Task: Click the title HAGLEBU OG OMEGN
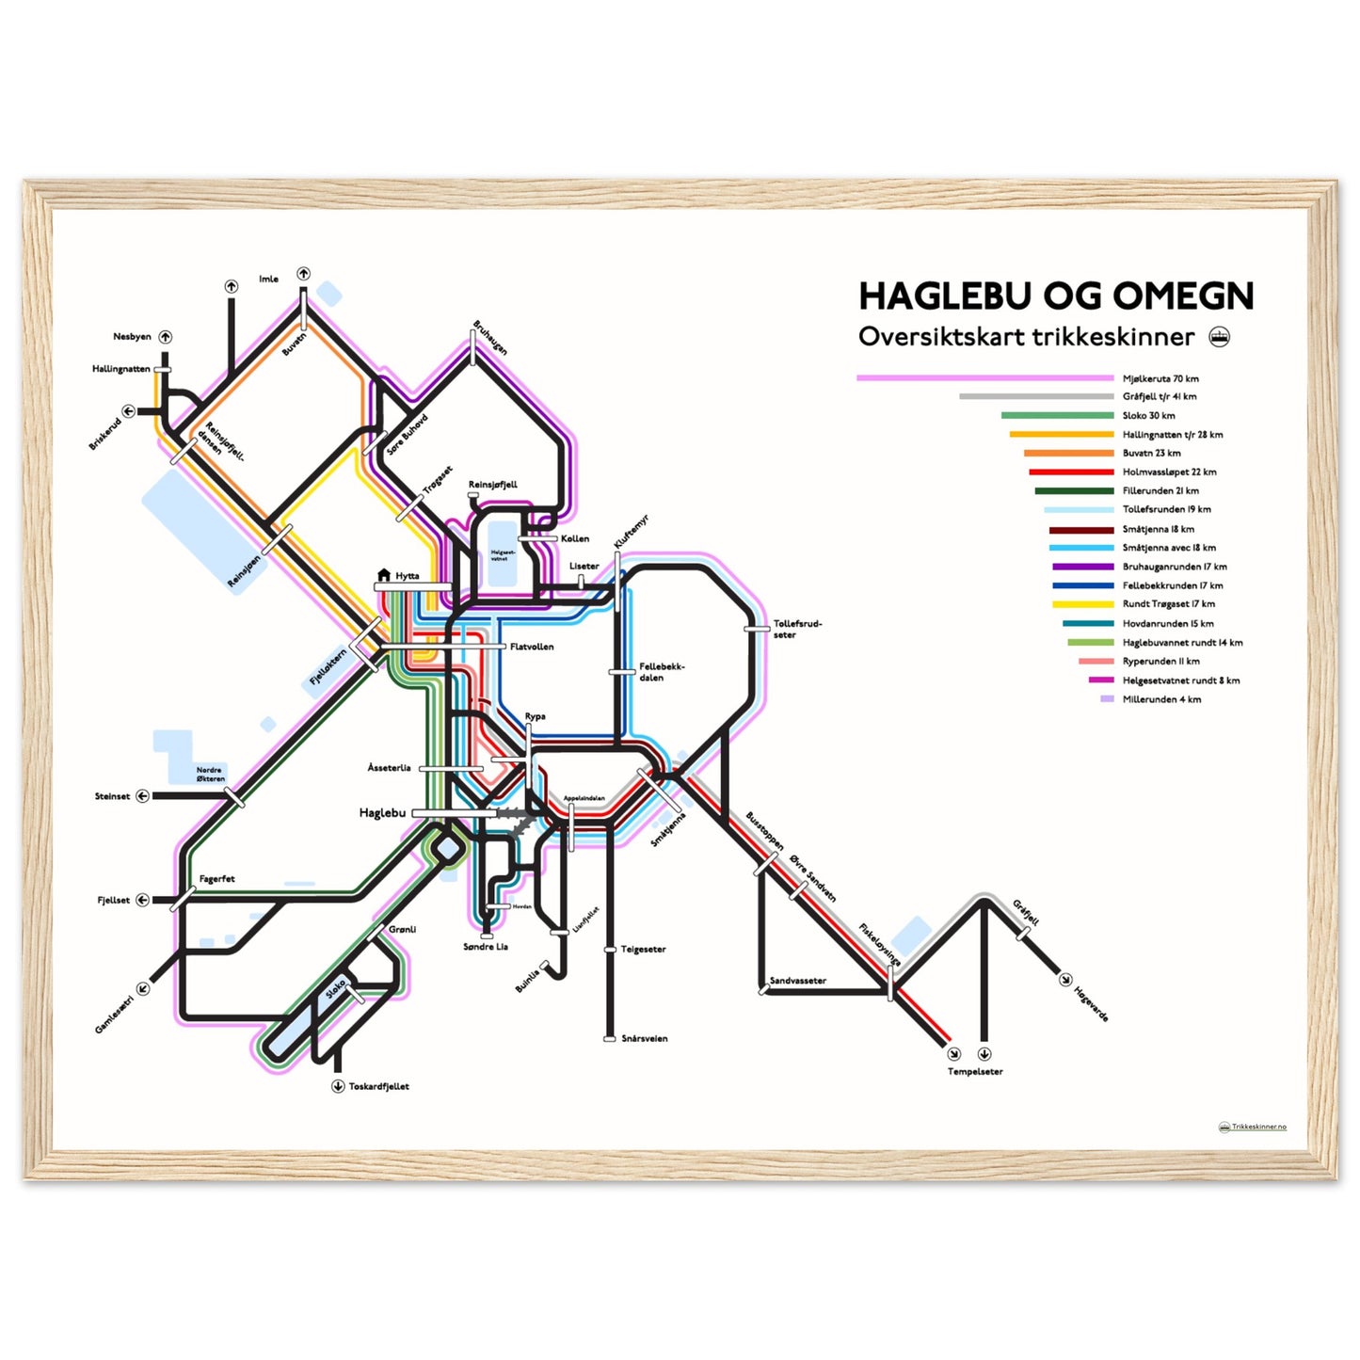point(1055,296)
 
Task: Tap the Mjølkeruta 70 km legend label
point(1160,378)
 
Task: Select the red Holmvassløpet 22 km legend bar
point(1071,472)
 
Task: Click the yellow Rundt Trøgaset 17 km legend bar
point(1082,604)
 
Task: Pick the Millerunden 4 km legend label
point(1161,699)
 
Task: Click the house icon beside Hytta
point(383,575)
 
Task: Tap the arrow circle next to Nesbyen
point(166,337)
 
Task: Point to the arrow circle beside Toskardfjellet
point(338,1086)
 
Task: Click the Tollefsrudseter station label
point(797,629)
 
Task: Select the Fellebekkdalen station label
point(662,672)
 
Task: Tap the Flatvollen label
point(532,647)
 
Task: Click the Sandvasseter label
point(798,981)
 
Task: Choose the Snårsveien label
point(645,1039)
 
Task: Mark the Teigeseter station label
point(643,950)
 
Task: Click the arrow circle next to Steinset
point(143,796)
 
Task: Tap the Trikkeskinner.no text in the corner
point(1258,1127)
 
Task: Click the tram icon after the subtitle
point(1219,337)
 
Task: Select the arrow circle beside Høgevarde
point(1065,980)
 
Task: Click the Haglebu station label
point(382,813)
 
